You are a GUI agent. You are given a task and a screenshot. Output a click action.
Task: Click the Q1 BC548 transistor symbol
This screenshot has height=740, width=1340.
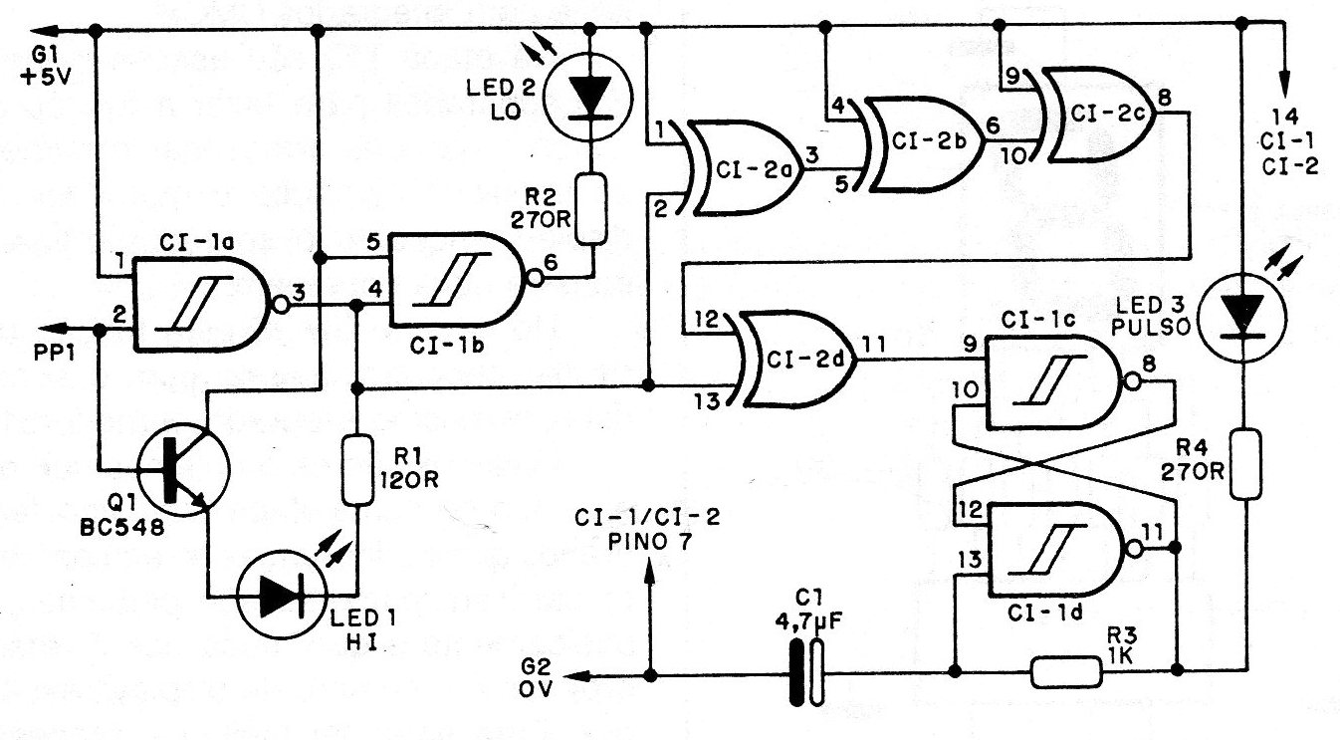179,467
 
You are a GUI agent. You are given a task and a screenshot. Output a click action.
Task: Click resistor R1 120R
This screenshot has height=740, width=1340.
355,470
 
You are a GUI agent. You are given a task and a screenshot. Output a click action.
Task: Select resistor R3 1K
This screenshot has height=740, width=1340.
1066,672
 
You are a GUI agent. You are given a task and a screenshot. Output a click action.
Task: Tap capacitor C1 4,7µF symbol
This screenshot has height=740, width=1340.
805,674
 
